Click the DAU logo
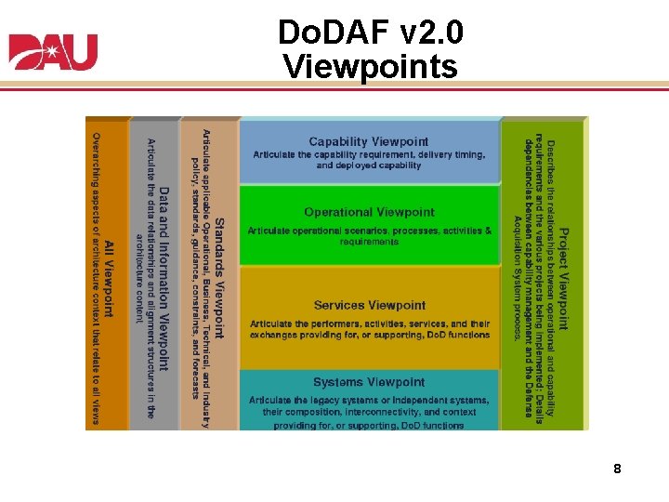point(53,52)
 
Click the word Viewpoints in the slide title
point(370,67)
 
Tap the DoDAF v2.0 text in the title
point(370,33)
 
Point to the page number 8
point(617,469)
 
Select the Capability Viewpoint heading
point(369,141)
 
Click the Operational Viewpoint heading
point(369,212)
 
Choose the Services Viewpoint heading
point(369,305)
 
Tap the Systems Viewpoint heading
point(369,382)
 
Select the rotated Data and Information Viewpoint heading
point(164,278)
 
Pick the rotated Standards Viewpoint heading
point(219,278)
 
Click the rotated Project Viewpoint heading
point(564,279)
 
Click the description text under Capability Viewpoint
point(369,160)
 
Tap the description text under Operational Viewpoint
point(369,236)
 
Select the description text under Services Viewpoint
point(369,329)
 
